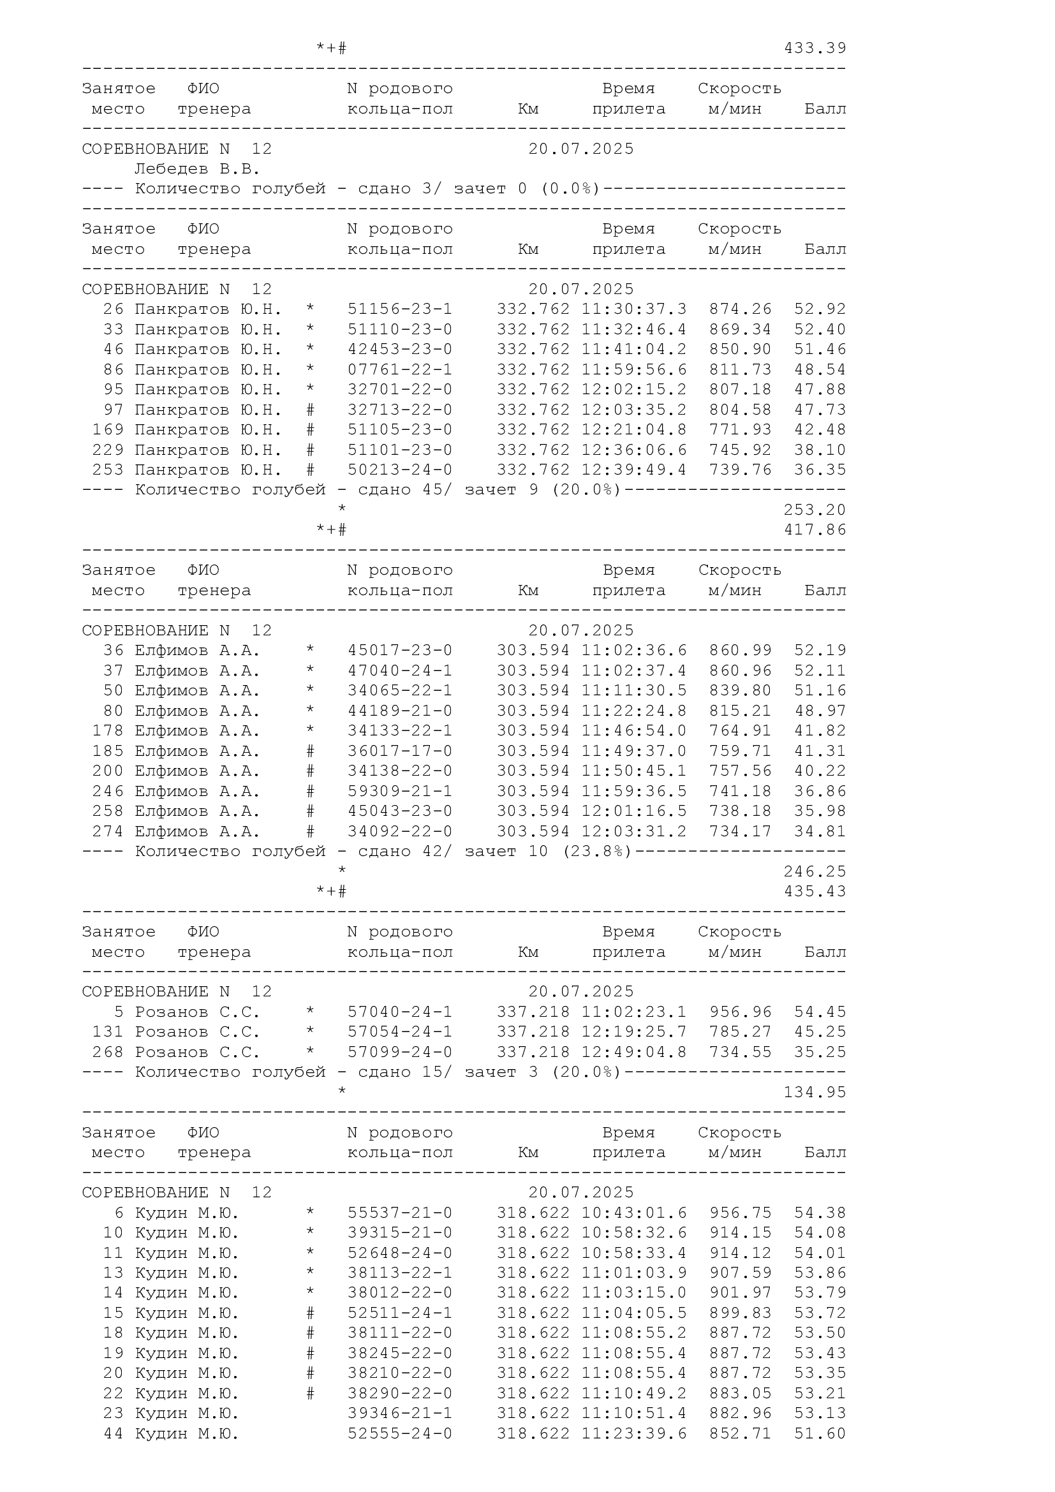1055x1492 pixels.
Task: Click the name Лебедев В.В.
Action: (x=197, y=170)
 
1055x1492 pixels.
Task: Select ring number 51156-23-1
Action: (x=399, y=309)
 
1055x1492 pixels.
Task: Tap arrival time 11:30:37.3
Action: (x=633, y=309)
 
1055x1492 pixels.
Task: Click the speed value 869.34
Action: (x=740, y=329)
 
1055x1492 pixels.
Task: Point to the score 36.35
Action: (x=820, y=470)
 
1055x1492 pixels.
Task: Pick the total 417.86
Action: (x=815, y=530)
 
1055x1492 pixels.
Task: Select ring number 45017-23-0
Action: (x=399, y=651)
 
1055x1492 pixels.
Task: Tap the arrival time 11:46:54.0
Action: (x=633, y=731)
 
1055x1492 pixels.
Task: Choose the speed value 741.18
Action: (x=740, y=792)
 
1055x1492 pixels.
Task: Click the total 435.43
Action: (x=815, y=892)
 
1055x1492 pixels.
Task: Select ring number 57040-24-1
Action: (x=399, y=1012)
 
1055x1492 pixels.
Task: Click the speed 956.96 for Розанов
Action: (x=741, y=1012)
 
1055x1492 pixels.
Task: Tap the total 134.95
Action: (x=815, y=1092)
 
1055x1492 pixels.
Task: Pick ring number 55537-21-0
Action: (x=399, y=1213)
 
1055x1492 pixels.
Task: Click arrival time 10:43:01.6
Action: (x=633, y=1213)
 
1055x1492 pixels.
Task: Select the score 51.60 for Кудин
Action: (x=820, y=1433)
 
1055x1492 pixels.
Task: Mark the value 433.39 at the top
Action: (x=815, y=48)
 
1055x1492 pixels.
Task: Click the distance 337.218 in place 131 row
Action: (x=533, y=1032)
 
